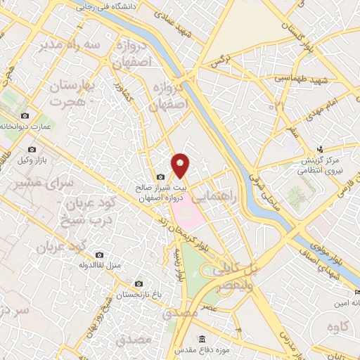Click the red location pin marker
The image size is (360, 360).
click(x=181, y=165)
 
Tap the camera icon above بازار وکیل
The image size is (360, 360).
click(x=32, y=150)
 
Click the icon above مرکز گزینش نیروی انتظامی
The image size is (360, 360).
click(x=320, y=148)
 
